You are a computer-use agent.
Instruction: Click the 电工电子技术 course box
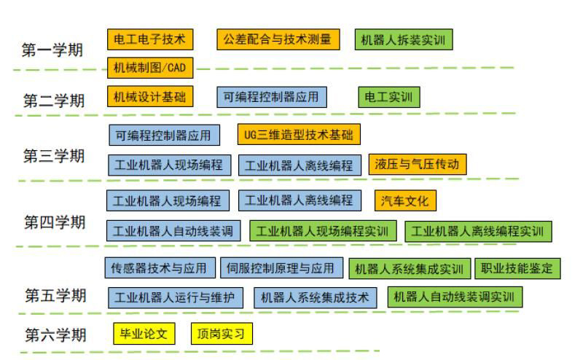(x=150, y=39)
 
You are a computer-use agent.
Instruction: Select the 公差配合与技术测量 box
(x=278, y=39)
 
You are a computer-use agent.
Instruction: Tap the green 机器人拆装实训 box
(x=402, y=40)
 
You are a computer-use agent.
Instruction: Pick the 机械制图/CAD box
(x=150, y=69)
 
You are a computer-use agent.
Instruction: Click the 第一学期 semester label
(x=52, y=50)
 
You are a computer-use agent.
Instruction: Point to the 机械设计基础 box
(x=150, y=97)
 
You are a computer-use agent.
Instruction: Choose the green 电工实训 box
(x=388, y=97)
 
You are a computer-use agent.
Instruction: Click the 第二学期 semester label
(x=53, y=100)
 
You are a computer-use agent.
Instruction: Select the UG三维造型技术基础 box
(x=299, y=135)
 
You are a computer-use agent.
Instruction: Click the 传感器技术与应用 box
(x=159, y=268)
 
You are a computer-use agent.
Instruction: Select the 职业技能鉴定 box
(x=517, y=269)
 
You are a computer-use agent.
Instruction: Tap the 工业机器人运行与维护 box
(x=174, y=297)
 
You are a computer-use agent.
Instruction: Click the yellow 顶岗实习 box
(x=222, y=334)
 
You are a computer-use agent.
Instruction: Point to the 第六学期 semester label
(x=55, y=334)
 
